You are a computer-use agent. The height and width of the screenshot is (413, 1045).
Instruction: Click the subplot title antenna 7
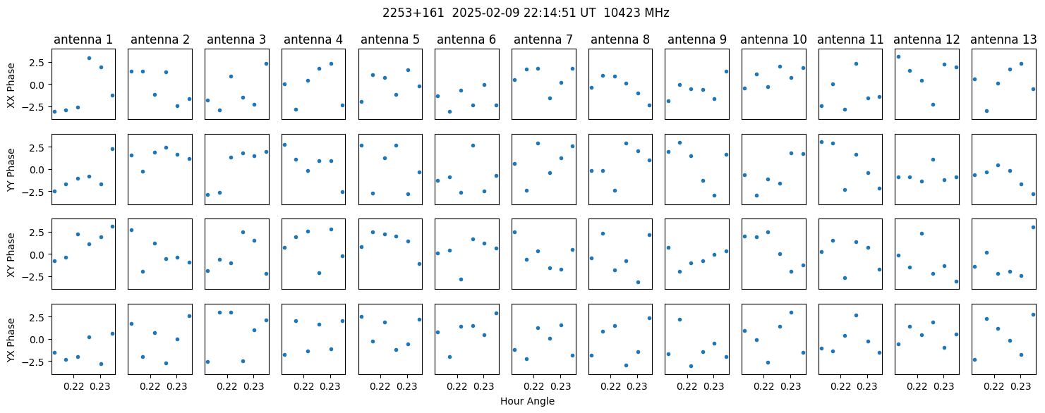click(543, 40)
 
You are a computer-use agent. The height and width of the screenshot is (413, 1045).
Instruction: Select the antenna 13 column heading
click(1003, 40)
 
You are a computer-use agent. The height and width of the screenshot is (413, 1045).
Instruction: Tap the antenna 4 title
click(313, 40)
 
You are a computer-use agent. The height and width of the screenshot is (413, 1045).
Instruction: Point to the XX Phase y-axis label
click(11, 85)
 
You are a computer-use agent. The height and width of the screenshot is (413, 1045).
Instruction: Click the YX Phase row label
click(11, 340)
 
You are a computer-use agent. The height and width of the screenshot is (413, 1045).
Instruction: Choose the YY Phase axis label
click(11, 170)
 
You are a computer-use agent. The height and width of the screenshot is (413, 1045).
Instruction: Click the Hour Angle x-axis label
click(527, 401)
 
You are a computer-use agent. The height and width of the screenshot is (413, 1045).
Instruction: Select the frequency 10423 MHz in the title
click(636, 13)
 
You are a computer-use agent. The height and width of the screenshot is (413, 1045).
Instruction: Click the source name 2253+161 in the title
click(413, 13)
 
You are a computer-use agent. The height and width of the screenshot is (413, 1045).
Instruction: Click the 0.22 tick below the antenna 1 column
click(73, 386)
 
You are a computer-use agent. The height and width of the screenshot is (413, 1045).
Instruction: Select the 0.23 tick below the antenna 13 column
click(1020, 386)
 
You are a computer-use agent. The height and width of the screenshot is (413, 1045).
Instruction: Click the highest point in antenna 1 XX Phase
click(89, 58)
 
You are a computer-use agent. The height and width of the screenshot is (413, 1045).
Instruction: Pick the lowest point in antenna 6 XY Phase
click(461, 279)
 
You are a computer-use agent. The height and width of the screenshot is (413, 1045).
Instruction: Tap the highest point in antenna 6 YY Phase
click(473, 145)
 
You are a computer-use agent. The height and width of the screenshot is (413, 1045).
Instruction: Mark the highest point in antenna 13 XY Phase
click(1033, 227)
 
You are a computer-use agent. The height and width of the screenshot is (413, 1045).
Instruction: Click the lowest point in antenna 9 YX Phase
click(691, 366)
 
